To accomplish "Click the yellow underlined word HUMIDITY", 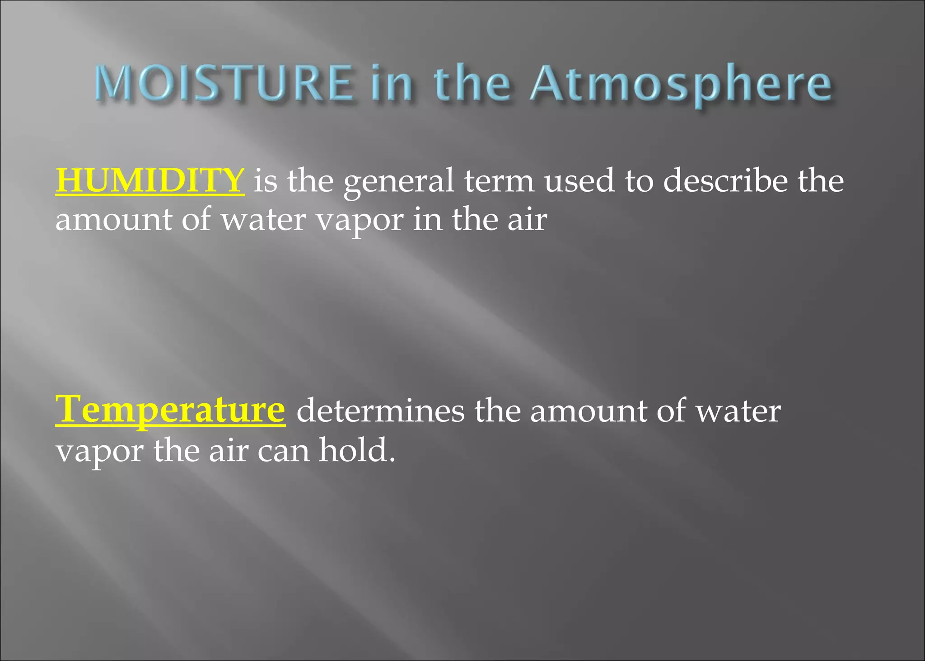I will (150, 180).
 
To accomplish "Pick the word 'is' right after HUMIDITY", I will (265, 180).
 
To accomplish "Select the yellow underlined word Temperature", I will (170, 409).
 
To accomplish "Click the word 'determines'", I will (380, 411).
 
